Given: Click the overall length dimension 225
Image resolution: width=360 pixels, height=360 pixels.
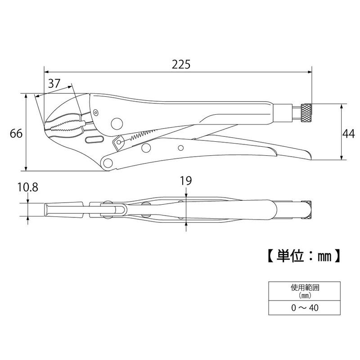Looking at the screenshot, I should [x=181, y=64].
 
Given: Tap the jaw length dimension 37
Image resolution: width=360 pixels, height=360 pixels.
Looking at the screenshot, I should [x=54, y=84].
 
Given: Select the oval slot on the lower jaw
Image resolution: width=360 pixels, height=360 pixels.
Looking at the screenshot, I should [x=93, y=140].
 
